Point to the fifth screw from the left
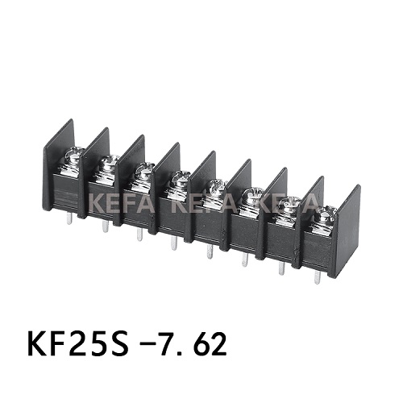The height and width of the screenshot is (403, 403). tap(216, 189)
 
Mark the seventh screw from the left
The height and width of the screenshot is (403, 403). tap(291, 206)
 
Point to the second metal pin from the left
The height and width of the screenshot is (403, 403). tap(105, 226)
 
